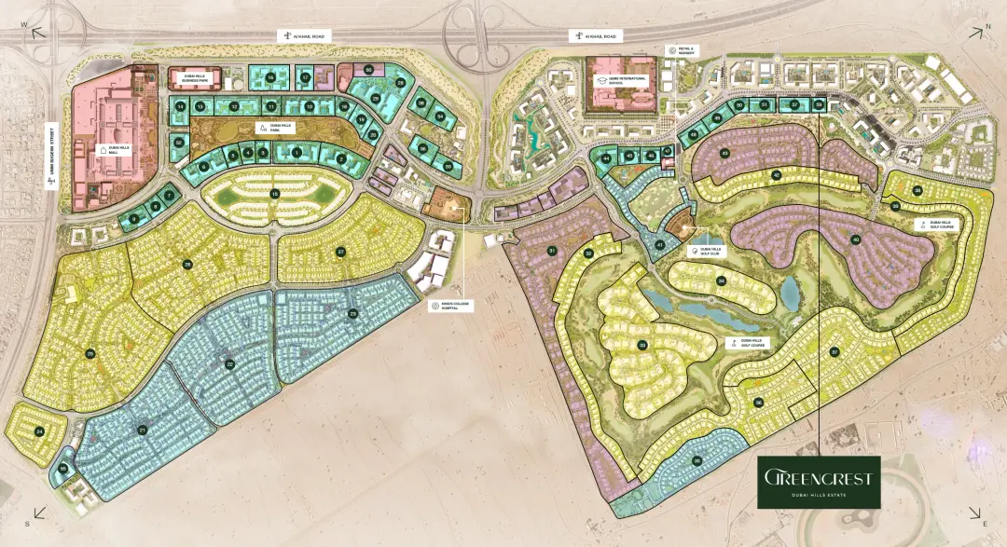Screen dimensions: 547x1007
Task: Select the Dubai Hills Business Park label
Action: click(202, 79)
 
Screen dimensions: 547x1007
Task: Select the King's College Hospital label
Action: click(447, 306)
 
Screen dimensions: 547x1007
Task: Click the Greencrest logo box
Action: click(817, 481)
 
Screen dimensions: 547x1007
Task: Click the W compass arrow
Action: click(38, 32)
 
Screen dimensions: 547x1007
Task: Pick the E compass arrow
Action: click(973, 513)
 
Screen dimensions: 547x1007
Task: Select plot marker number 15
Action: click(274, 193)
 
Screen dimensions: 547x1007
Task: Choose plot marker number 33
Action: click(642, 346)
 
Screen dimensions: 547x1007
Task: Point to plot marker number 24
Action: click(39, 431)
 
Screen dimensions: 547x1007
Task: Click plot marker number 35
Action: click(697, 460)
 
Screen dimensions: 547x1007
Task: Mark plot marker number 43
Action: click(724, 152)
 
